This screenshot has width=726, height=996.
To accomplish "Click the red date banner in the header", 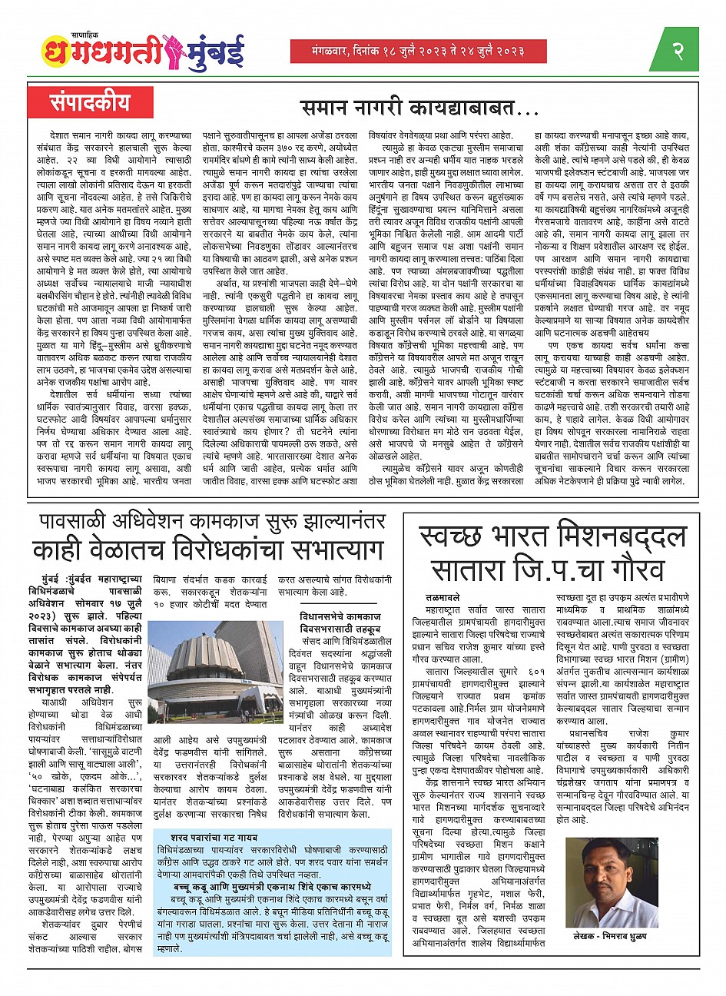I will coord(418,51).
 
